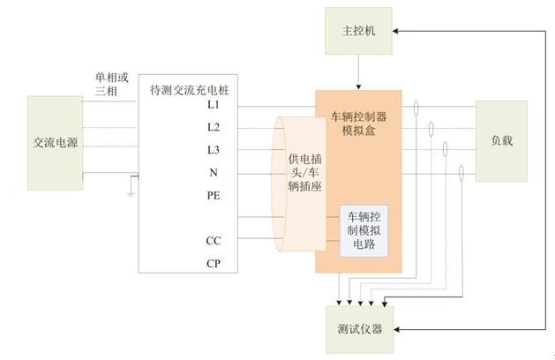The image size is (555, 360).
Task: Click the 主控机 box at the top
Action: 358,30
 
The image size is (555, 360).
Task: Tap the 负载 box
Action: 501,140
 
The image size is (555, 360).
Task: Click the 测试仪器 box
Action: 358,330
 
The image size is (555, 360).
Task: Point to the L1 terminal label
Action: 214,105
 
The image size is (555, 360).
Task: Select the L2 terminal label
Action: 214,127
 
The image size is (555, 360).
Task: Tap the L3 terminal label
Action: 214,150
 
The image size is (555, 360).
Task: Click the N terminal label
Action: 214,173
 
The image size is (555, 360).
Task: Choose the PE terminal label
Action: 214,195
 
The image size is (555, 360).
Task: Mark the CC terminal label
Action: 214,240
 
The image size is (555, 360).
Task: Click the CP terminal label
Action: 214,263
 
